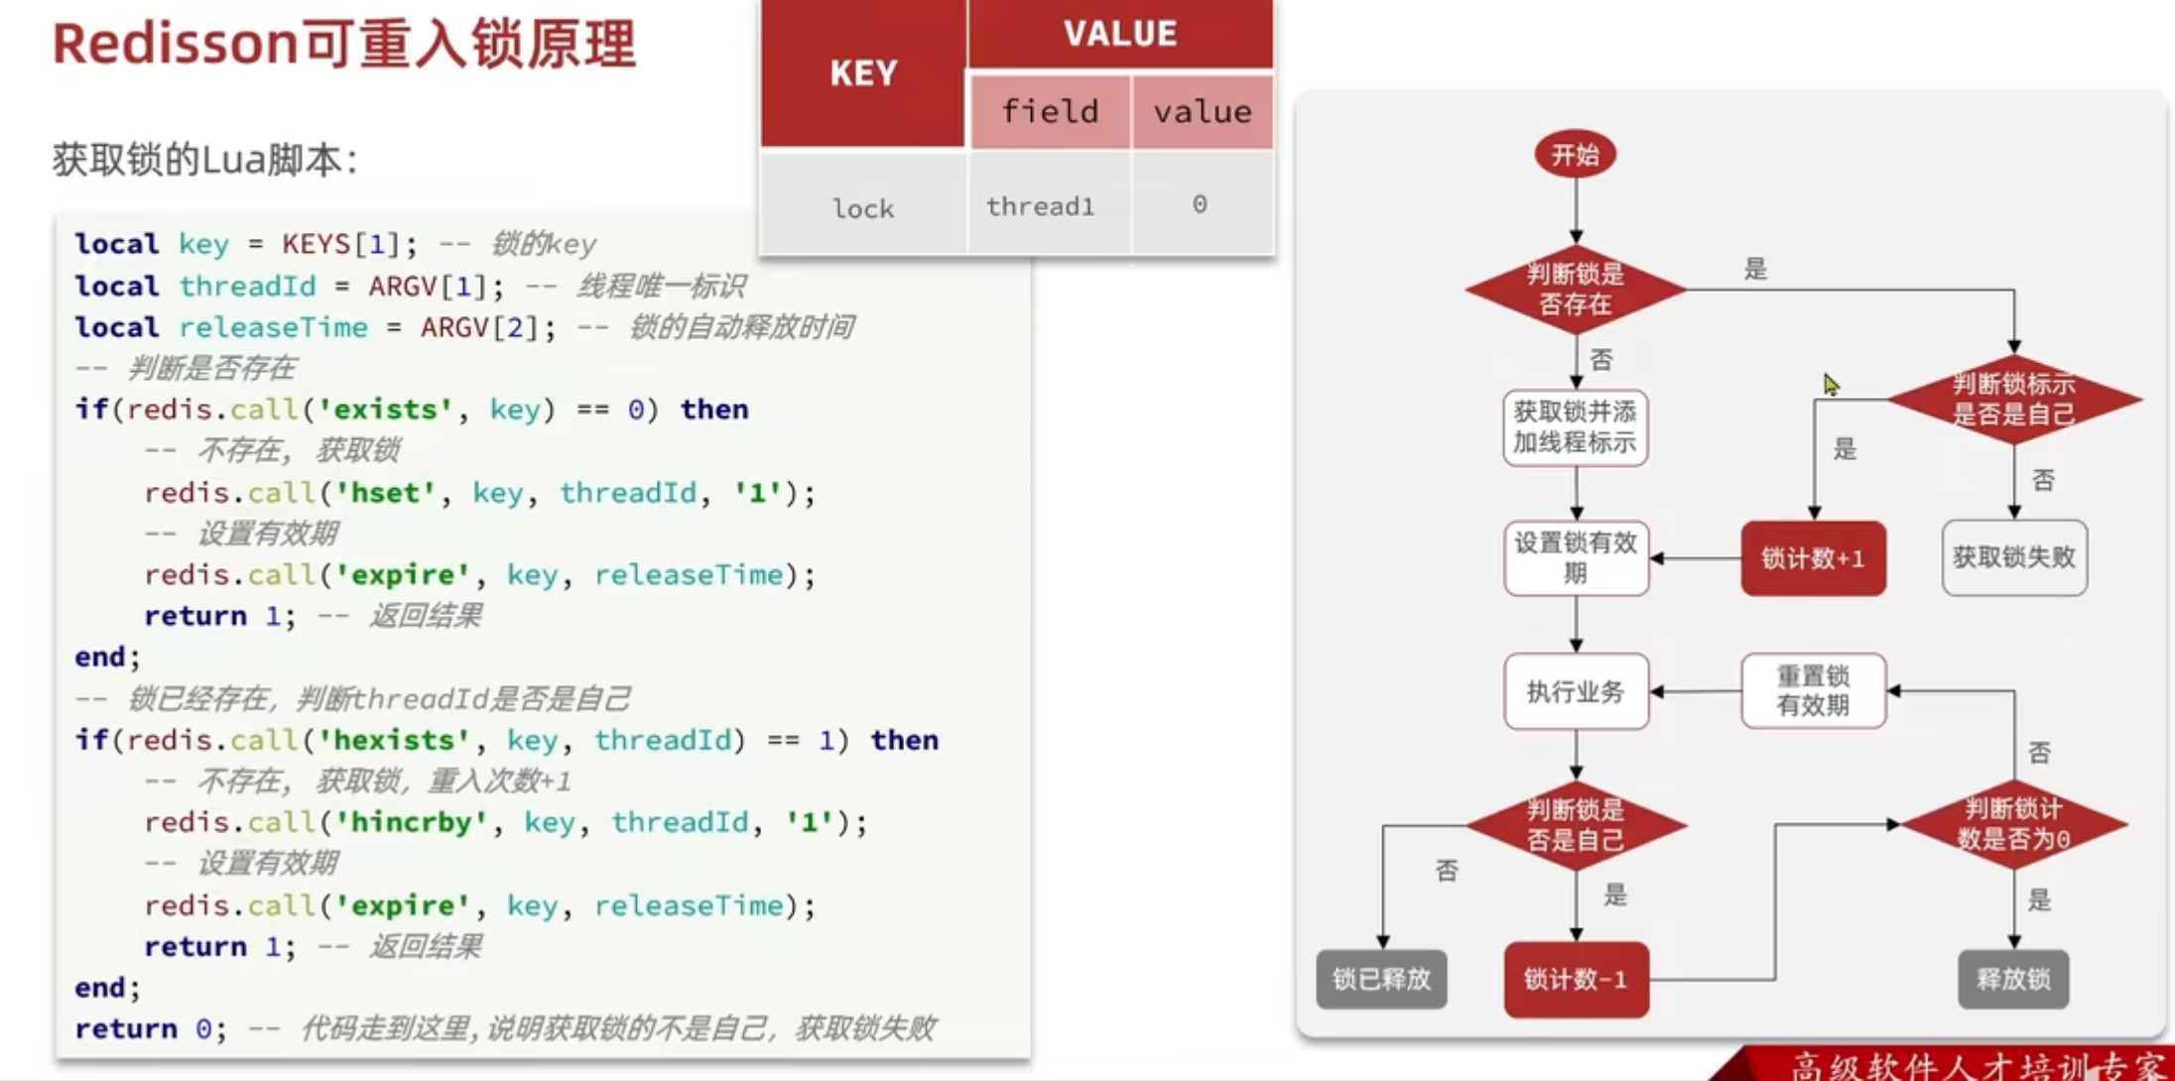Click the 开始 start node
point(1575,155)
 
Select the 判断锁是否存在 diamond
point(1575,290)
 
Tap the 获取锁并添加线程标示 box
point(1575,427)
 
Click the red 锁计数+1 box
point(1813,558)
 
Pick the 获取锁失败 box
point(2013,557)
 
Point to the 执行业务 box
point(1575,691)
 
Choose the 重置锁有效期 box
point(1813,690)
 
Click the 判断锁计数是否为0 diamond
point(2013,824)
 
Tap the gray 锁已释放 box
point(1381,979)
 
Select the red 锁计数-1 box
point(1576,980)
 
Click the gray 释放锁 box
point(2013,979)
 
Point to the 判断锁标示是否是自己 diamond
point(2013,399)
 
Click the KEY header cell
point(863,73)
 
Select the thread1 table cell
point(1040,206)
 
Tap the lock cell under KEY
point(863,208)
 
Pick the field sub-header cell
point(1050,111)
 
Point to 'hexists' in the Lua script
point(394,740)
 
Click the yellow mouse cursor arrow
point(1831,385)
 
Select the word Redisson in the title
point(175,45)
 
